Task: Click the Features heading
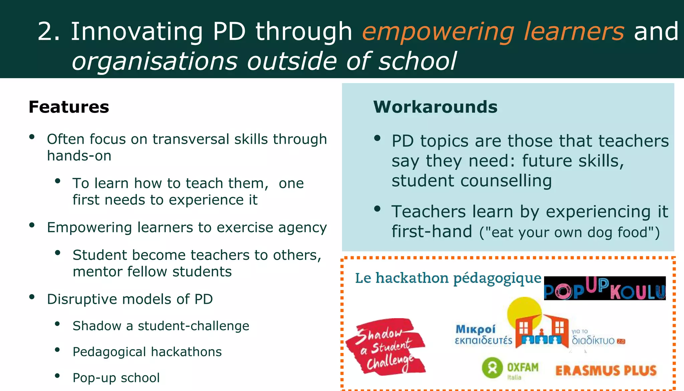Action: [x=69, y=107]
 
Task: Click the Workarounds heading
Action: [x=435, y=107]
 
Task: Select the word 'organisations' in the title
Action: [x=155, y=61]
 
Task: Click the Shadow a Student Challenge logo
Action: [x=386, y=347]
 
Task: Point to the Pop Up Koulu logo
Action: [x=605, y=288]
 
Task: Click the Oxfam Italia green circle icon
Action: [x=492, y=368]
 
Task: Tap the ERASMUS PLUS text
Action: [x=606, y=371]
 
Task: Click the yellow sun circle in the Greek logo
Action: [x=523, y=309]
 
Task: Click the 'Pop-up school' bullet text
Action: [x=116, y=378]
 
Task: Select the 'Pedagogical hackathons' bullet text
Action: [x=147, y=352]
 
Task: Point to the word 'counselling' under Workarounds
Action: [x=506, y=181]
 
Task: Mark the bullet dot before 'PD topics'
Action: [x=377, y=138]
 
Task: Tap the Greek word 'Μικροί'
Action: [x=476, y=330]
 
